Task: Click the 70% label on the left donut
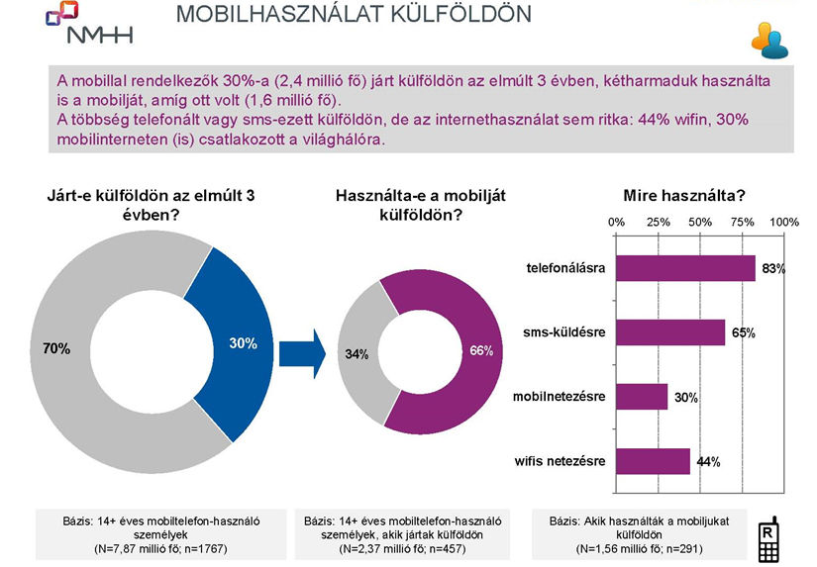[56, 348]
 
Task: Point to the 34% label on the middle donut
[357, 353]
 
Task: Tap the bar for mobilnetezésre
[641, 397]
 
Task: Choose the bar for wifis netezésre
[653, 461]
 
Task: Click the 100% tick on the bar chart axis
[784, 223]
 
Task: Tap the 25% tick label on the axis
[658, 223]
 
